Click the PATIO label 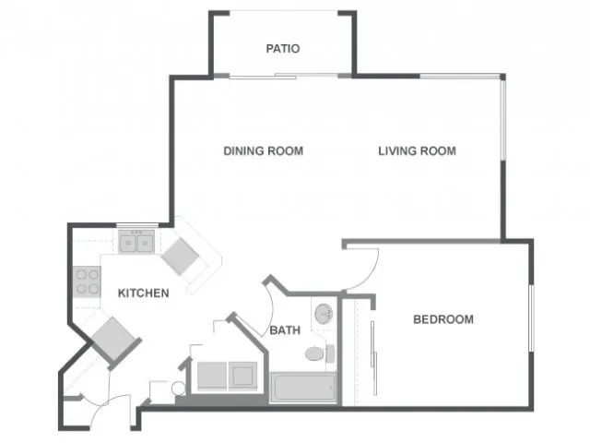[283, 49]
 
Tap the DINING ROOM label [264, 151]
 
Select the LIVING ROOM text [417, 151]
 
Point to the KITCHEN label [144, 293]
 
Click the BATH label [285, 330]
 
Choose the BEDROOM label [443, 319]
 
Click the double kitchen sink [136, 242]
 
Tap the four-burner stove [87, 281]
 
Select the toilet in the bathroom [320, 353]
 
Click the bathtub [303, 388]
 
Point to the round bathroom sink [324, 313]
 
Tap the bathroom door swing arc [270, 309]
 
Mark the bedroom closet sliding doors [373, 358]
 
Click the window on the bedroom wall [531, 318]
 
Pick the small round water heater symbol [178, 389]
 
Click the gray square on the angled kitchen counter [180, 256]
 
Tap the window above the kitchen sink [137, 225]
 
